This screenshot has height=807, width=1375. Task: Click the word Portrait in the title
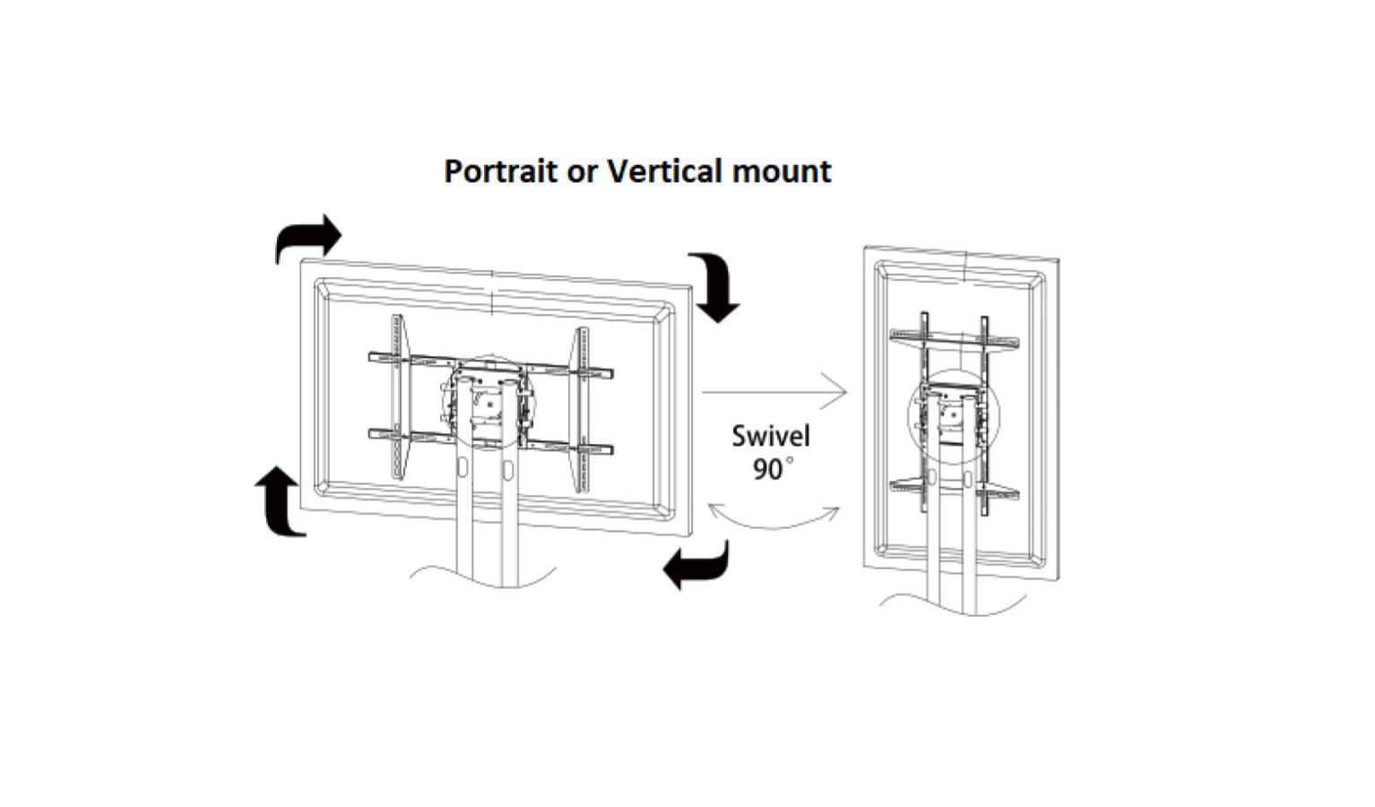[x=500, y=170]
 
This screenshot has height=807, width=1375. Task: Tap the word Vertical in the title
[x=665, y=170]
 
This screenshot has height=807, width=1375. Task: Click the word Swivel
[x=770, y=437]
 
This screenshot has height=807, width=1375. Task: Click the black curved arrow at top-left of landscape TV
[x=307, y=238]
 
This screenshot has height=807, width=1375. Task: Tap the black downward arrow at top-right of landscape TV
[x=716, y=286]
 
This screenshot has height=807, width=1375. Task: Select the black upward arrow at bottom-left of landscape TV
[x=281, y=503]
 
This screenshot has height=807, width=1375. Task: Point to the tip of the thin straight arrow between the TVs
[x=845, y=392]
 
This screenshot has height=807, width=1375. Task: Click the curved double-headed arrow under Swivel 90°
[x=773, y=518]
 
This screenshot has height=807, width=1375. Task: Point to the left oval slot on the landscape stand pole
[x=463, y=469]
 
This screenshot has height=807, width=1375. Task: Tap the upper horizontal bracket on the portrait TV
[x=955, y=338]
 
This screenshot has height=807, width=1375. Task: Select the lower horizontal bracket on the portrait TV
[x=955, y=490]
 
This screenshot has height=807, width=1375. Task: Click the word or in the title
[x=583, y=172]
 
